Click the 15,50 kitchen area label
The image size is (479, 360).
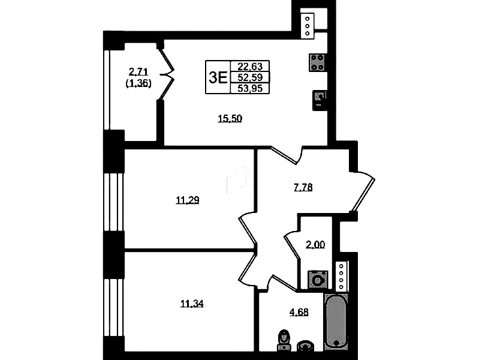(x=230, y=118)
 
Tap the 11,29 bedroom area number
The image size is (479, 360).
(x=188, y=200)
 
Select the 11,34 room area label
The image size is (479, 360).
(x=192, y=304)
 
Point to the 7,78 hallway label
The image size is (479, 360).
(x=303, y=187)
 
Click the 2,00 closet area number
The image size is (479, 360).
(x=315, y=244)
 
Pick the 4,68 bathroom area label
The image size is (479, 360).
(x=299, y=312)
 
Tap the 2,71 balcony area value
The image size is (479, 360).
(x=138, y=72)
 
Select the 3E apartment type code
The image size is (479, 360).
(x=218, y=77)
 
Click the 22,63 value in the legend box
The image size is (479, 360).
(x=250, y=67)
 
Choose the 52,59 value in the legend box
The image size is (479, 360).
(x=250, y=77)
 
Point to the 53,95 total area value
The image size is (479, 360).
(x=250, y=88)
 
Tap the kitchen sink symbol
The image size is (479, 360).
(x=320, y=100)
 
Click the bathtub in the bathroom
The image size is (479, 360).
(x=336, y=321)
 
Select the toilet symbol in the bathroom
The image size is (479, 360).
(x=284, y=340)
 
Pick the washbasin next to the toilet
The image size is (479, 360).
(x=306, y=346)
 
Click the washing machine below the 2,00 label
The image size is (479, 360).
(x=318, y=279)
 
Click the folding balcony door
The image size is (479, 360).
(x=167, y=74)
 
